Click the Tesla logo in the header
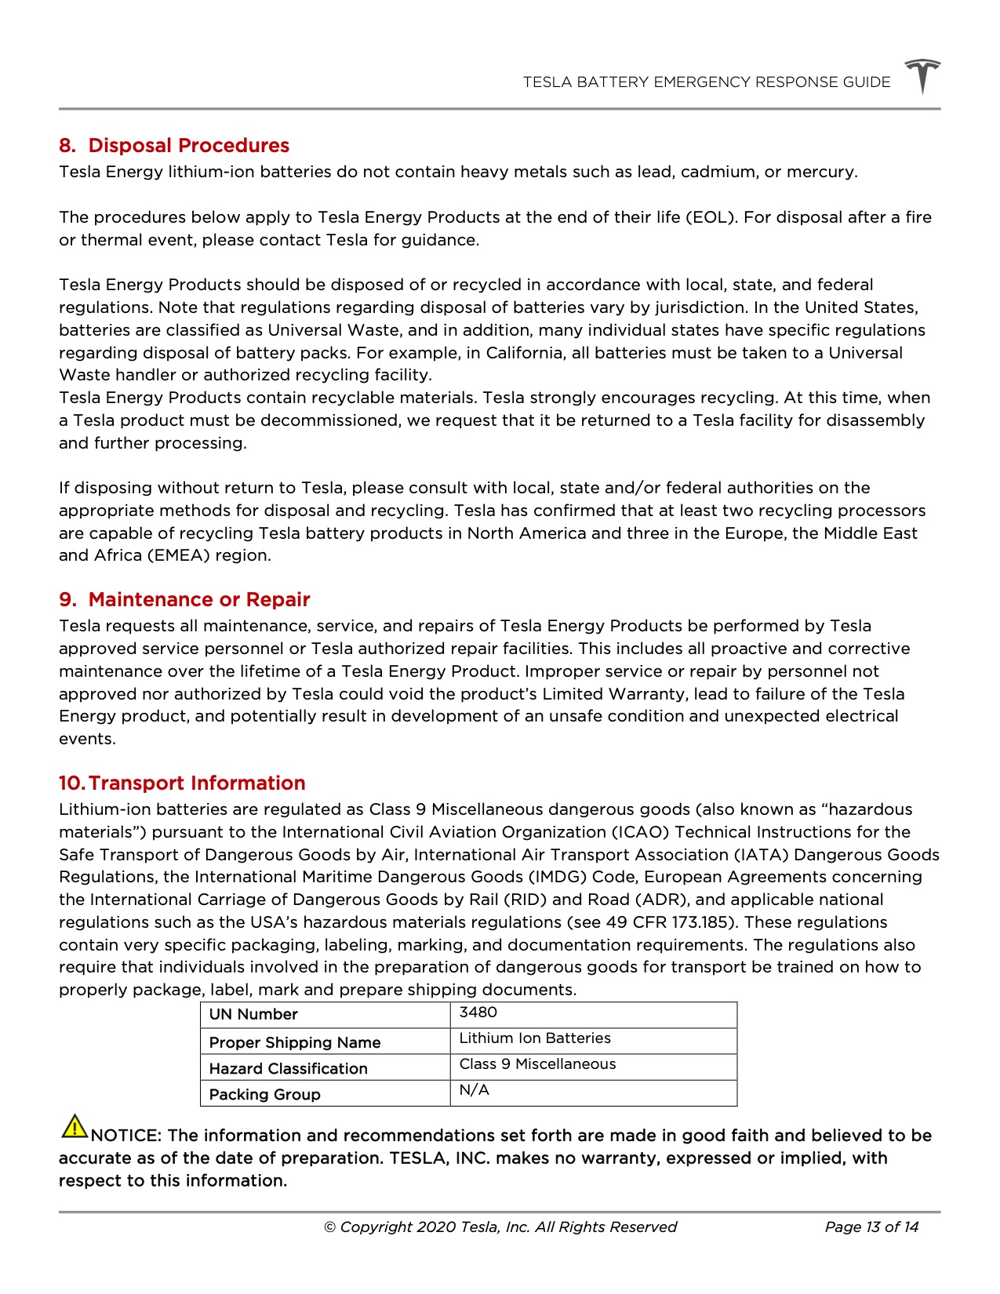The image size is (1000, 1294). coord(922,76)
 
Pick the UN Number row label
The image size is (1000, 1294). coord(253,1014)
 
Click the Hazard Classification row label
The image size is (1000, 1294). coord(288,1068)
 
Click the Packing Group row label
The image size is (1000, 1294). coord(264,1094)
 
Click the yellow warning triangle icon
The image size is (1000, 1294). coord(74,1127)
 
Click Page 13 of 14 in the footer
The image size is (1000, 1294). coord(871,1227)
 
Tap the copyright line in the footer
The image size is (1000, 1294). coord(500,1227)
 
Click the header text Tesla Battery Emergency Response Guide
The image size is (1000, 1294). coord(706,82)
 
